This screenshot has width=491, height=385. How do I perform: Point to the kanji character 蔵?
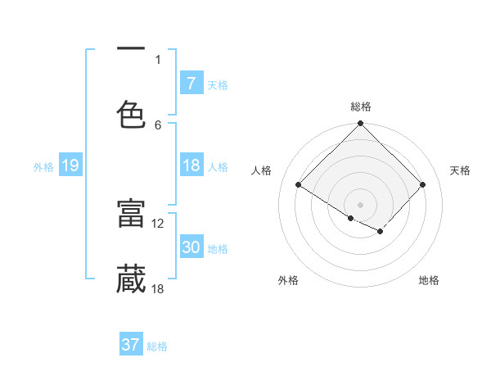coord(131,279)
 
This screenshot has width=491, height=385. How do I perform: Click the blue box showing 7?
coord(191,84)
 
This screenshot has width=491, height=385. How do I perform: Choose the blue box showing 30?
coord(191,247)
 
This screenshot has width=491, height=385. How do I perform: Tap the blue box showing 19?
coord(70,165)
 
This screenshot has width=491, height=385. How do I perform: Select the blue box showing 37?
coord(131,345)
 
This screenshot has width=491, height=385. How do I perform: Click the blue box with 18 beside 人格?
coord(191,165)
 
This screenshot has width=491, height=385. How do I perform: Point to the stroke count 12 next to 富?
coord(158,224)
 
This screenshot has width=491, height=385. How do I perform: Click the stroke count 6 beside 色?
coord(158,125)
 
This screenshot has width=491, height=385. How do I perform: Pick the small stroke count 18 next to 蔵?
coord(158,288)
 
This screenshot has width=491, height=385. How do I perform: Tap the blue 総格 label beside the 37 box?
coord(157,346)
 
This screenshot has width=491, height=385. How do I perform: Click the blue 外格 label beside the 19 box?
coord(43,167)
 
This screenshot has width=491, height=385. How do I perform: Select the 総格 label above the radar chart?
coord(361,106)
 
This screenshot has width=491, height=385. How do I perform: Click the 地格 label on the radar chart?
coord(429,281)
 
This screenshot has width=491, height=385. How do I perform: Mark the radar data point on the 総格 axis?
coord(361,125)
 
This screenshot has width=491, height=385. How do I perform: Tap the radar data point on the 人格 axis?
coord(299,185)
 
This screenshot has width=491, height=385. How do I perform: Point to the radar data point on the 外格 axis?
coord(351,218)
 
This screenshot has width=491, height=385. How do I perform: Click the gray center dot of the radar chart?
coord(361,204)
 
